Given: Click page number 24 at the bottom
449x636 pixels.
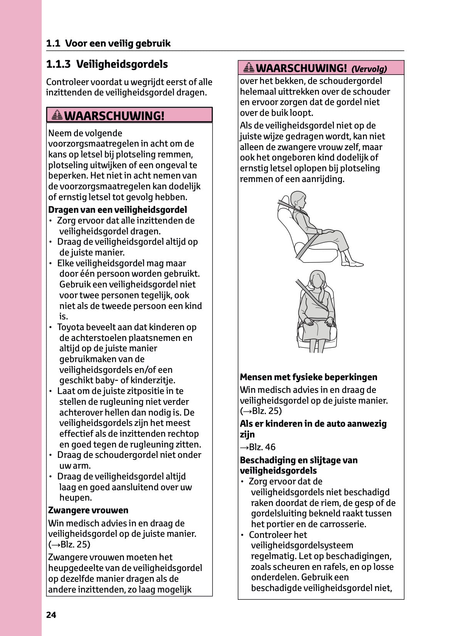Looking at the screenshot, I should coord(51,615).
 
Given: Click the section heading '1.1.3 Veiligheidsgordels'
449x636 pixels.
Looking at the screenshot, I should coord(107,64).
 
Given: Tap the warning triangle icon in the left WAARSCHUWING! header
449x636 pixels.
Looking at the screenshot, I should coord(57,115).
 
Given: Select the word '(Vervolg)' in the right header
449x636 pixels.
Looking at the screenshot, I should coord(369,69).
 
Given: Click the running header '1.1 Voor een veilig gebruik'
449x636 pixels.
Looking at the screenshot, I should coord(108,43).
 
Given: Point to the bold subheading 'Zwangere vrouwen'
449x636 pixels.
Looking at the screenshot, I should coord(88,511).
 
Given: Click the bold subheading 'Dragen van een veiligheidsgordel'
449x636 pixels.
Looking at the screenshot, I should coord(118,210).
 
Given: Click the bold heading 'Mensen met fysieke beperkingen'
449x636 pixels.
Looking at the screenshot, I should coord(308,377).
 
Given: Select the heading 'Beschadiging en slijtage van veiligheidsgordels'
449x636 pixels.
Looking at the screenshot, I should coord(299,466).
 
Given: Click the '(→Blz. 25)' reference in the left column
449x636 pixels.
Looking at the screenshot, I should coord(69,544).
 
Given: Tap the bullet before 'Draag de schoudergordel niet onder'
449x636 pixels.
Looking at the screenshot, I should coord(50,456).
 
